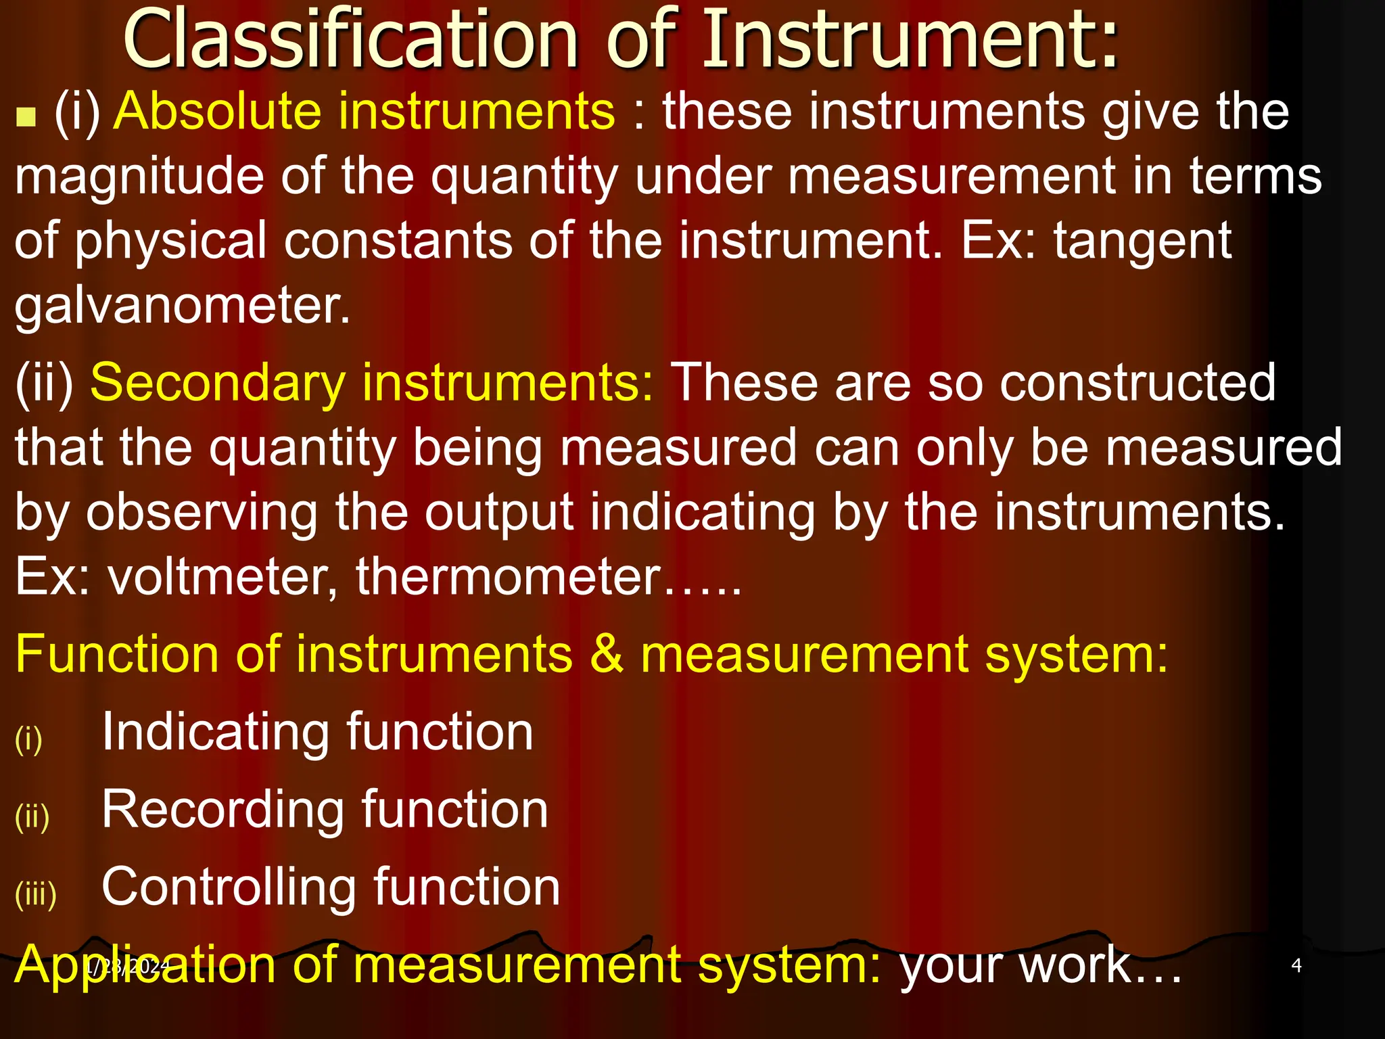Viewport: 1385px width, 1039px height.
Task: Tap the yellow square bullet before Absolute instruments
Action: [26, 118]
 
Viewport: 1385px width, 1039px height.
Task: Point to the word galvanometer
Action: [183, 306]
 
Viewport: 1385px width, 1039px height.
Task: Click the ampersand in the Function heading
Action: [607, 654]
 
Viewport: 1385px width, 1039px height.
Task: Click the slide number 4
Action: [1296, 965]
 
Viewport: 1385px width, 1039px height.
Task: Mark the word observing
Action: [202, 513]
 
